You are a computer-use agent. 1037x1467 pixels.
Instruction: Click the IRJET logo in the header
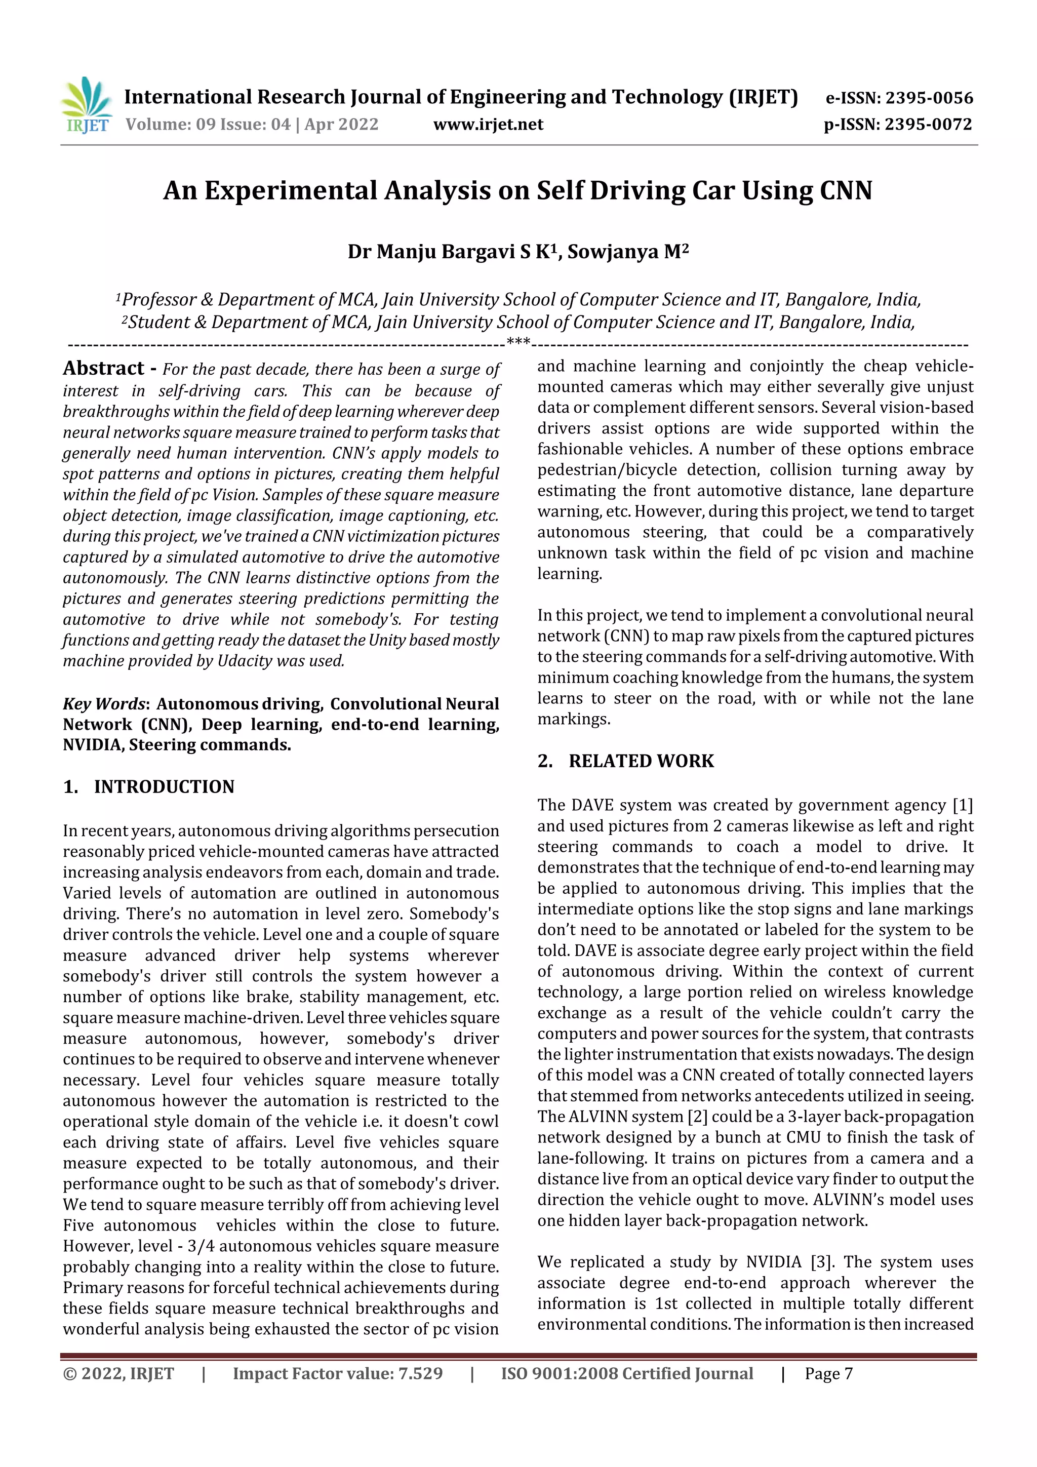pyautogui.click(x=86, y=105)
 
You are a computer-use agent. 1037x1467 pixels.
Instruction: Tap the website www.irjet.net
pyautogui.click(x=488, y=125)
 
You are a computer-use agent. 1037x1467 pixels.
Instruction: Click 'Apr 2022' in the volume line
pyautogui.click(x=341, y=125)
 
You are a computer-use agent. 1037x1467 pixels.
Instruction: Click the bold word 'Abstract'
pyautogui.click(x=103, y=369)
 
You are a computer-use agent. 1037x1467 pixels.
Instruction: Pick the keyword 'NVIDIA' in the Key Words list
pyautogui.click(x=93, y=745)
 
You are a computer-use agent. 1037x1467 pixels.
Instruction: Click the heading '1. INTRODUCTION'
pyautogui.click(x=149, y=786)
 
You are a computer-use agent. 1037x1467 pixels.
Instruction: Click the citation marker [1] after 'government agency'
pyautogui.click(x=962, y=806)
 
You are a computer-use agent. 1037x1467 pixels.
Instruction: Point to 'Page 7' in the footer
pyautogui.click(x=829, y=1374)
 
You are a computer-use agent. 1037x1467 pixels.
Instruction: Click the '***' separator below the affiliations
pyautogui.click(x=517, y=342)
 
